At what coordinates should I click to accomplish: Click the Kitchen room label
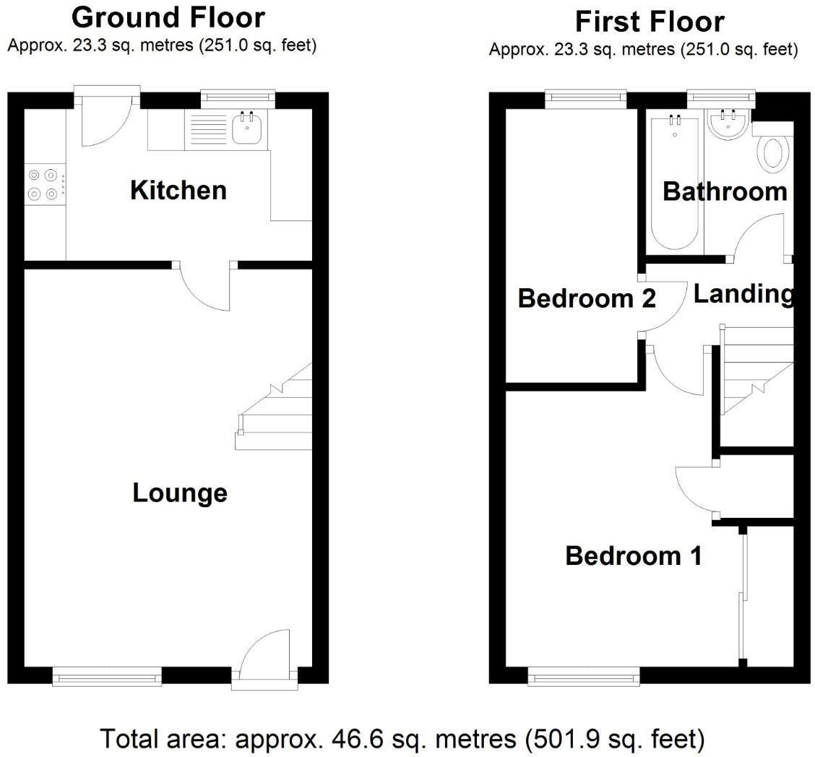tap(178, 191)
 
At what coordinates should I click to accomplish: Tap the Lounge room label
tap(180, 493)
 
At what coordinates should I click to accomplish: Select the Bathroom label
tap(724, 191)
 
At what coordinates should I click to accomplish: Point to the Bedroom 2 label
tap(587, 298)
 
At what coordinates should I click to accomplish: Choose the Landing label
tap(743, 294)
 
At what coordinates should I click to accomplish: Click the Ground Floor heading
tap(168, 17)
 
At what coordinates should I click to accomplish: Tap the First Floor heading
tap(649, 22)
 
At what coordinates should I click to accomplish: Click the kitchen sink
tap(249, 129)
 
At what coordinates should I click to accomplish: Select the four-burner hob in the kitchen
tap(42, 184)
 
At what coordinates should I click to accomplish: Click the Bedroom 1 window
tap(584, 677)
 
